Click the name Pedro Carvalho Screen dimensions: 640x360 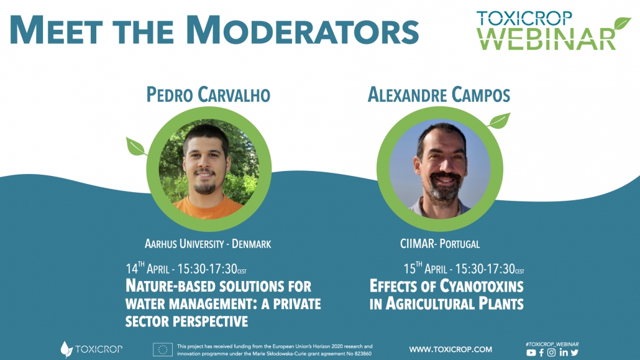click(208, 95)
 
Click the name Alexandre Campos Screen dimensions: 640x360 click(439, 95)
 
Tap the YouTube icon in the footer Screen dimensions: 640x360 click(531, 353)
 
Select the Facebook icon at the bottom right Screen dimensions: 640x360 click(542, 353)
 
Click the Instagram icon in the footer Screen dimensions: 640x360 click(551, 353)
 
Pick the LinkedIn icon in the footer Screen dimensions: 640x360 click(564, 353)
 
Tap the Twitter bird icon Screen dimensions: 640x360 click(575, 353)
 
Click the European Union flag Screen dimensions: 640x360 click(162, 350)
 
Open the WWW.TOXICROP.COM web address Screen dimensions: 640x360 click(450, 349)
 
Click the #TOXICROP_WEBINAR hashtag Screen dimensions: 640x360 click(552, 344)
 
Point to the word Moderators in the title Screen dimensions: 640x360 click(303, 30)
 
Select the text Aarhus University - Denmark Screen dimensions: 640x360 click(208, 244)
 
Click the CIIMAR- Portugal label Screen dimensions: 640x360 click(439, 244)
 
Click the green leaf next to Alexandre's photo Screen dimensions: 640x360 click(499, 121)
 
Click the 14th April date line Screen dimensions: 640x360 click(186, 269)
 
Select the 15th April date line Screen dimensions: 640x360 click(464, 269)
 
